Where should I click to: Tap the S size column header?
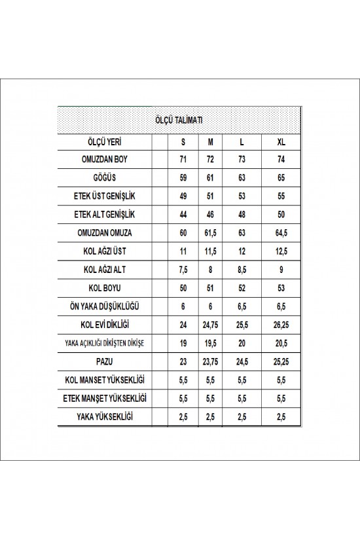(183, 141)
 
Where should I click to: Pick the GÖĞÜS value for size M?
(211, 177)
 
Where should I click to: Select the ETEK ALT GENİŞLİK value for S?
(183, 213)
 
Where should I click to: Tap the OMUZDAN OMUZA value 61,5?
(211, 232)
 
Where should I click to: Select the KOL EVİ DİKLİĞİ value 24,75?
(211, 323)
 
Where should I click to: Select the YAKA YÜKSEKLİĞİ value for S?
(183, 416)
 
